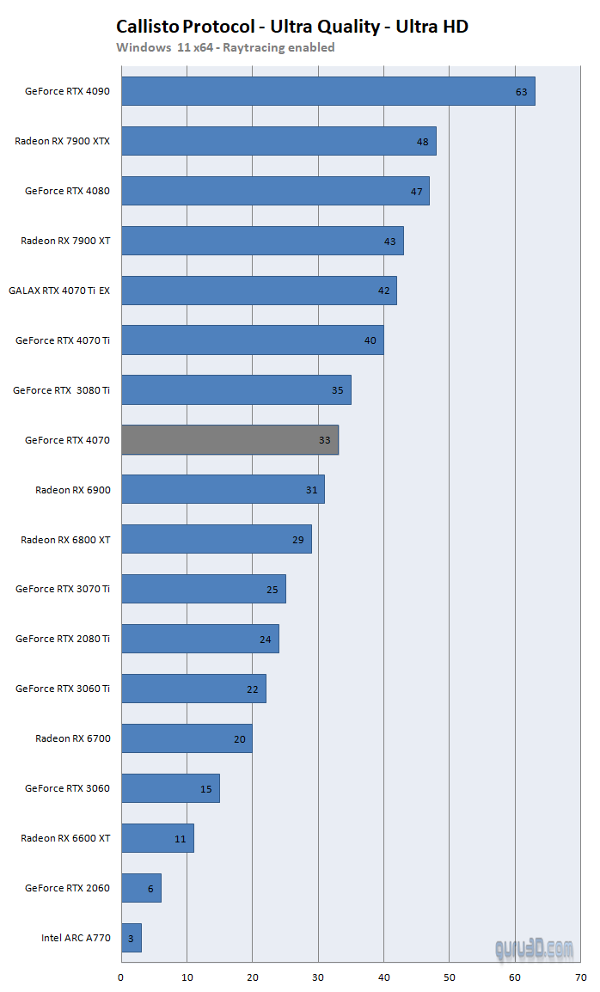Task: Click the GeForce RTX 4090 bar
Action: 327,91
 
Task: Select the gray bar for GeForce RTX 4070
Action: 229,440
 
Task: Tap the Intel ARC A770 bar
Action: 131,938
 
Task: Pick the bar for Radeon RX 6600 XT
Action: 157,838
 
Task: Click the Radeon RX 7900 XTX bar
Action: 278,141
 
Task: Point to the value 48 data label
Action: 422,141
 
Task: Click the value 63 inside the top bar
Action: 521,91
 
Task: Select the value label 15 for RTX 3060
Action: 206,788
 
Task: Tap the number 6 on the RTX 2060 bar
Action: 150,888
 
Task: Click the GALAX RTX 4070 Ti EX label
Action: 59,291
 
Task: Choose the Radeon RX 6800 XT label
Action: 65,540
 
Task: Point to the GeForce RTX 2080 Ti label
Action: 63,639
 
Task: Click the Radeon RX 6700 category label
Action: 73,738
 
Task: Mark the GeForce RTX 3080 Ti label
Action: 61,390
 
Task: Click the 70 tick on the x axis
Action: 581,977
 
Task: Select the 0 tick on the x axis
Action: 121,977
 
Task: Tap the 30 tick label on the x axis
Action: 318,977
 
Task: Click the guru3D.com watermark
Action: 534,949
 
